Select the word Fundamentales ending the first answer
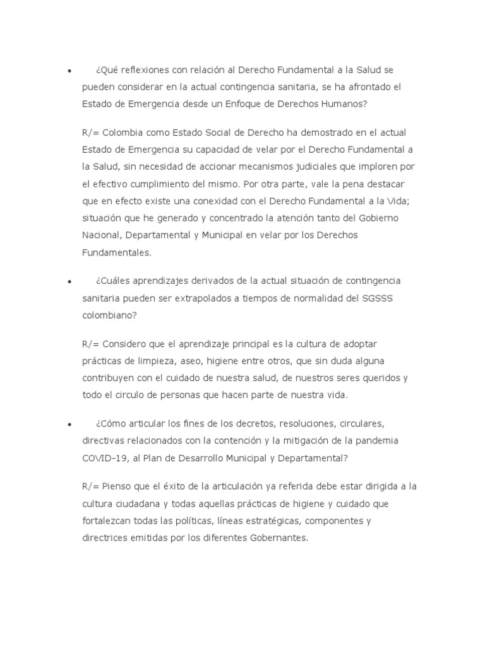(117, 251)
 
